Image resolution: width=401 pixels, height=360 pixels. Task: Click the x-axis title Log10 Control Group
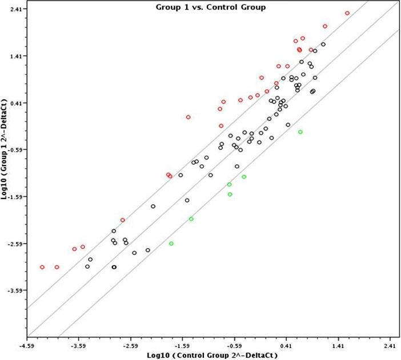[x=212, y=355]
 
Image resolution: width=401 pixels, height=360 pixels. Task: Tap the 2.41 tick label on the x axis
[x=390, y=345]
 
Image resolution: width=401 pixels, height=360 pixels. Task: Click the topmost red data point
[x=347, y=13]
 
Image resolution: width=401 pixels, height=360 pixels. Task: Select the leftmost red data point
[x=42, y=267]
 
